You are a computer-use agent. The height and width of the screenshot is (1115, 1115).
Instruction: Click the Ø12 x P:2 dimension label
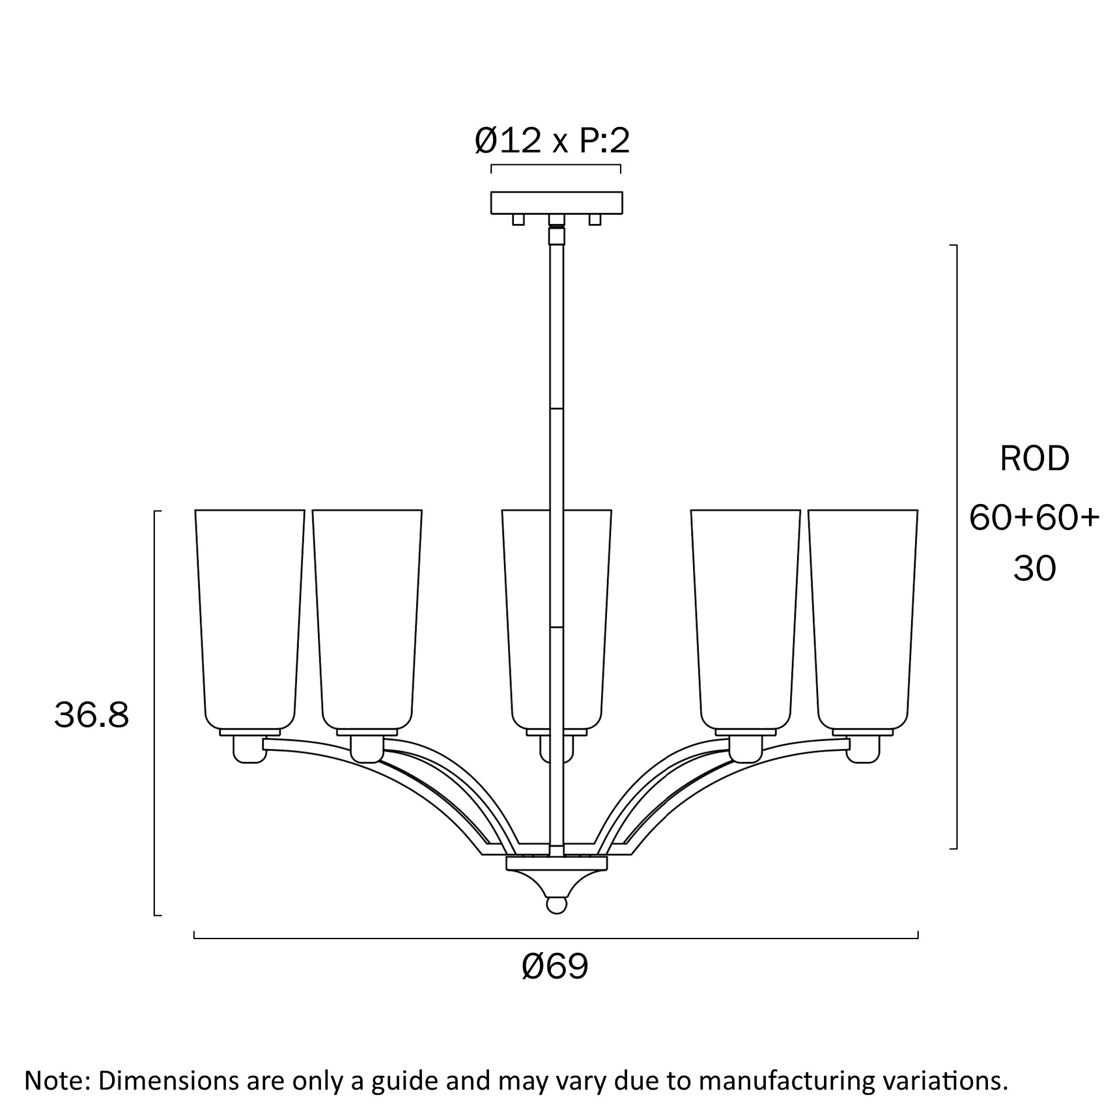(x=552, y=141)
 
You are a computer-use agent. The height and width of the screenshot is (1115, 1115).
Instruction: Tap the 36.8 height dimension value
(x=92, y=715)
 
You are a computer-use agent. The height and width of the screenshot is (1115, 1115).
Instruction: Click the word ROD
(x=1034, y=459)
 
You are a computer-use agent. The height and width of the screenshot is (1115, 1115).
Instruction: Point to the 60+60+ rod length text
(x=1034, y=518)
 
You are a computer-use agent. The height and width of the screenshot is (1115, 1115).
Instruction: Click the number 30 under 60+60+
(x=1034, y=569)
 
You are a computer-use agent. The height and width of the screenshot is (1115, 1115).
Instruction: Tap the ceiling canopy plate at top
(x=556, y=202)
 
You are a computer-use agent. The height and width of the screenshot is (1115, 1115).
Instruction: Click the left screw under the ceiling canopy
(x=518, y=219)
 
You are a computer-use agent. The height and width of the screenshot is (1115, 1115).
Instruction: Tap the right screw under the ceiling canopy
(x=595, y=219)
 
